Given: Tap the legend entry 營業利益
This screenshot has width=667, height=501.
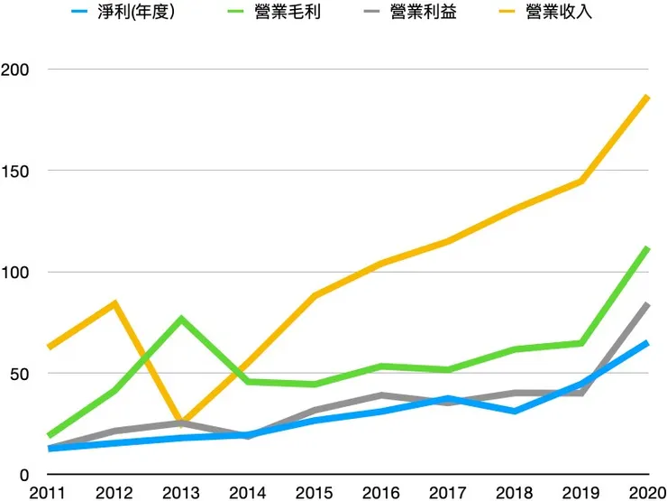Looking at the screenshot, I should (x=423, y=14).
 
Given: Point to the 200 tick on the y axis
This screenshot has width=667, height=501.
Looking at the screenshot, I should (x=16, y=70).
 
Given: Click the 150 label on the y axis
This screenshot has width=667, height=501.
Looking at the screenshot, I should (x=16, y=171).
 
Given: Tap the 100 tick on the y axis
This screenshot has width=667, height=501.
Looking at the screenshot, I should (x=16, y=273).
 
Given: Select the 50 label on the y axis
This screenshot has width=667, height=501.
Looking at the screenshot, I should (x=21, y=374).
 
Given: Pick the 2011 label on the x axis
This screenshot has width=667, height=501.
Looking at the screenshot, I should (x=46, y=492).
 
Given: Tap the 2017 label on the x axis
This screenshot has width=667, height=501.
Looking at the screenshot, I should (x=447, y=492).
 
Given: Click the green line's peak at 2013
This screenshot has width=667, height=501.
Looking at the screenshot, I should (x=180, y=319).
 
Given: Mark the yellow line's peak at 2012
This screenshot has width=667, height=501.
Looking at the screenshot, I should (x=114, y=303).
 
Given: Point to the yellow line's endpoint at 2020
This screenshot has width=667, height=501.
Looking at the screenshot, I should (x=647, y=97).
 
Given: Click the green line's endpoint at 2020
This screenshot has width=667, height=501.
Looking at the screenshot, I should (x=647, y=247).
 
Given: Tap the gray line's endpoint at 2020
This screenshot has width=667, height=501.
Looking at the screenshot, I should (x=647, y=305).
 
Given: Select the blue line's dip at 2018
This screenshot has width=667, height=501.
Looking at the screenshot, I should (x=514, y=411).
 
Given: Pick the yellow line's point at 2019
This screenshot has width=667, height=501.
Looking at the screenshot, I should (x=581, y=181).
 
